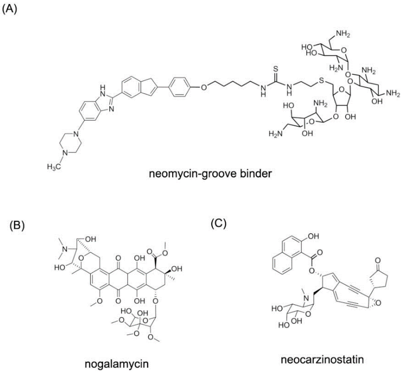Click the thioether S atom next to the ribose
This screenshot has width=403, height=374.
pyautogui.click(x=322, y=81)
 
